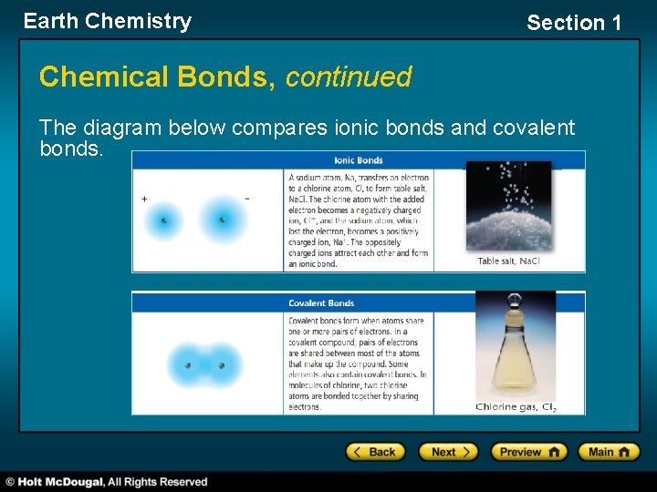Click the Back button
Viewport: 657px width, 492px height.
pos(374,452)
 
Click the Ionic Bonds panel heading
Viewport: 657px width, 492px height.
pos(360,160)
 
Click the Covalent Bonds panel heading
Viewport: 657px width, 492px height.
pos(321,302)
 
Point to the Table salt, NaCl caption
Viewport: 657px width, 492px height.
pos(508,261)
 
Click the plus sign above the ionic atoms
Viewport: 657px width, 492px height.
pos(144,198)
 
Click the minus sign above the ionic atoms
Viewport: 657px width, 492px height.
pos(246,198)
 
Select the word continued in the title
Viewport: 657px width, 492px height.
pos(349,77)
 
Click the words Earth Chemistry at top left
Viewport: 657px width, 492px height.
pos(108,21)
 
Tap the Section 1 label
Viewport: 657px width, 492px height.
pos(573,23)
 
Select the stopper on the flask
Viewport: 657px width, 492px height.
pos(515,302)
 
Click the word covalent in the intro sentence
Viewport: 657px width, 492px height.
pos(534,128)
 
